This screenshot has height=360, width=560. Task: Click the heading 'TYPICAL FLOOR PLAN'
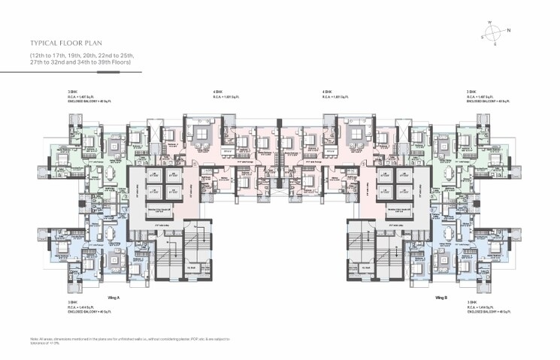click(68, 44)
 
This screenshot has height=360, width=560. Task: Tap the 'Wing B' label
click(442, 298)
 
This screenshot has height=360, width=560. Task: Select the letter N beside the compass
click(508, 31)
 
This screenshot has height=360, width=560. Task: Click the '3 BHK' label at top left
click(72, 92)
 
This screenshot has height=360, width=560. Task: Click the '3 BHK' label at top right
click(472, 92)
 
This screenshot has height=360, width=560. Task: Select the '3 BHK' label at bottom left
click(72, 302)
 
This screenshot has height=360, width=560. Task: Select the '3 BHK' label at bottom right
click(472, 302)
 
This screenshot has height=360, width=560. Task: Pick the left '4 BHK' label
click(218, 92)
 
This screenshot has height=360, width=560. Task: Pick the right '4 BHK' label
click(327, 92)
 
